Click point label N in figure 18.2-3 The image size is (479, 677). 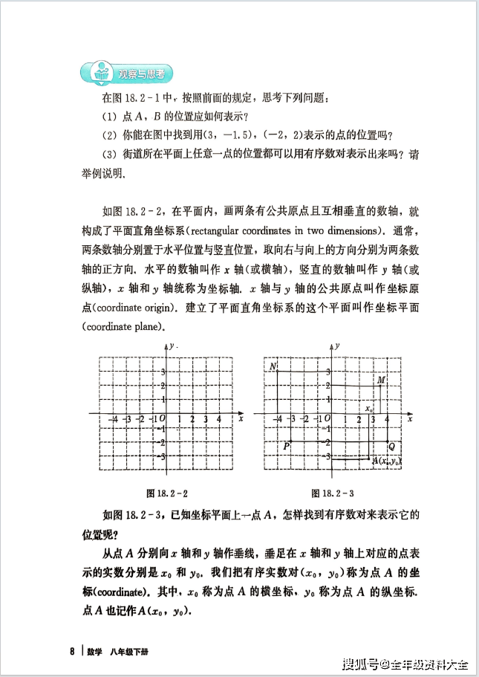(x=273, y=366)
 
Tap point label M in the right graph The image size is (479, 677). (x=381, y=380)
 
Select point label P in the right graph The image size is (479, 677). (x=286, y=446)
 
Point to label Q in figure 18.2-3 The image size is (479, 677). (x=391, y=446)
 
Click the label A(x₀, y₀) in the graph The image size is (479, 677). (x=386, y=461)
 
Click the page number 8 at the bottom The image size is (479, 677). (x=72, y=651)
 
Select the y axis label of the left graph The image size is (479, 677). (x=171, y=346)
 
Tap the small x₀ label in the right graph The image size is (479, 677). (x=368, y=408)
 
